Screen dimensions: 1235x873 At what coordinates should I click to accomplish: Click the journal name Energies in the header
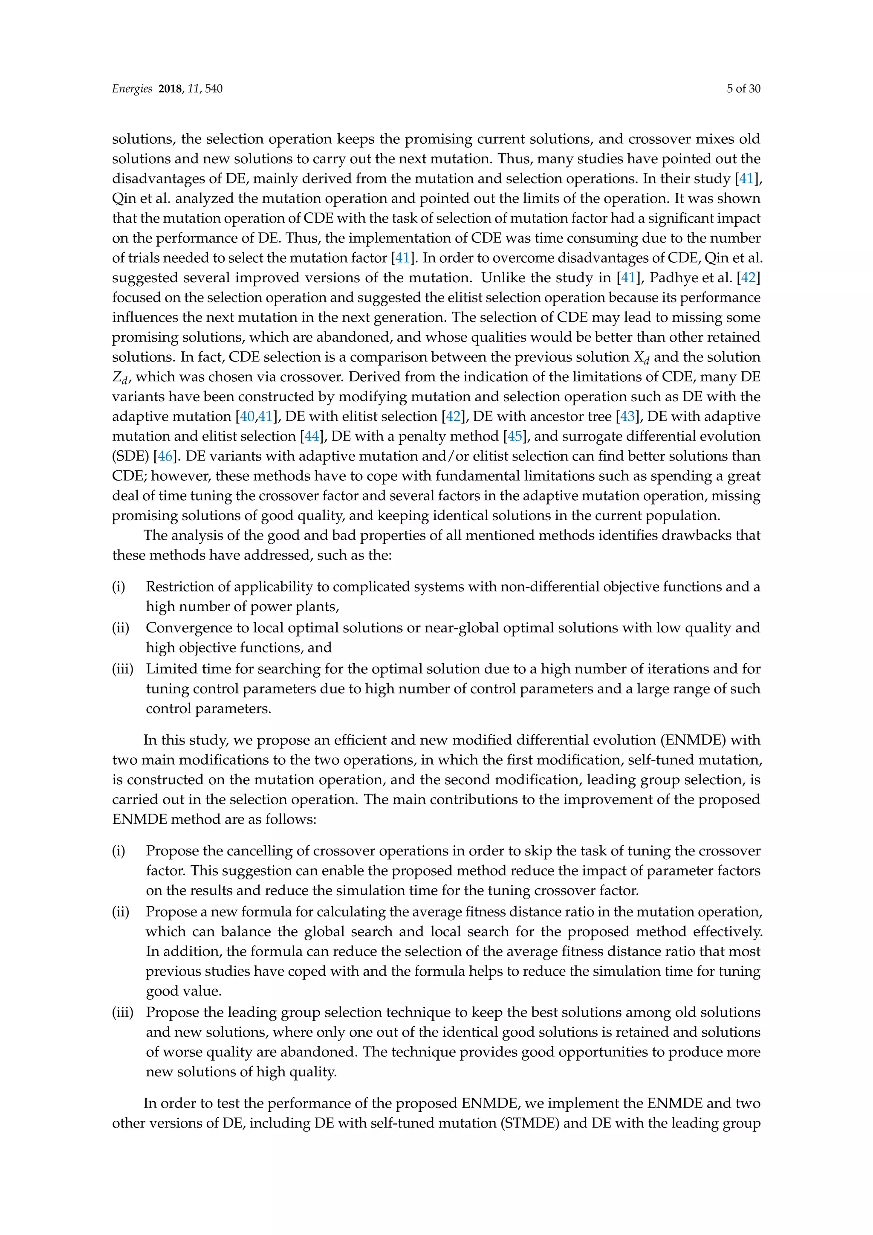tap(132, 89)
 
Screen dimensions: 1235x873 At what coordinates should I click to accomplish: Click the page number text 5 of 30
tap(743, 89)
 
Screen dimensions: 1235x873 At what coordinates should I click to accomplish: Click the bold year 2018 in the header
tap(171, 89)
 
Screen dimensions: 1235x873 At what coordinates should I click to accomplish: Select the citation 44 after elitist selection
tap(311, 436)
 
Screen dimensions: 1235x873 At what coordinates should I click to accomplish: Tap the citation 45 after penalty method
tap(515, 436)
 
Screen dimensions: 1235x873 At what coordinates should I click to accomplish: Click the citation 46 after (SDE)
tap(165, 456)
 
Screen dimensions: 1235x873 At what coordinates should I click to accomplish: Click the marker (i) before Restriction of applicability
tap(118, 587)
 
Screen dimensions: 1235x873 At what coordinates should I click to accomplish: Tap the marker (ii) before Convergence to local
tap(120, 628)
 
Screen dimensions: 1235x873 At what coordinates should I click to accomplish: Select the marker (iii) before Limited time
tap(122, 669)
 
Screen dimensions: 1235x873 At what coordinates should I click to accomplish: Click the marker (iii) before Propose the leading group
tap(122, 1012)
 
